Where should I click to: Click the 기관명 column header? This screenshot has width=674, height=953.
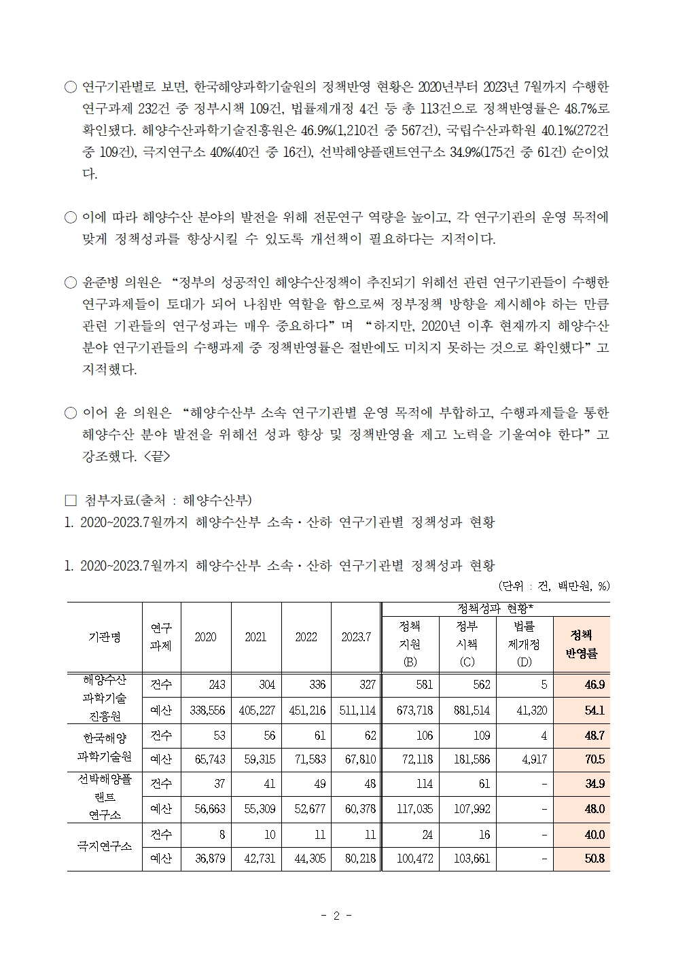[x=104, y=637]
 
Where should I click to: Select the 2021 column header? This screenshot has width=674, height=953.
[x=256, y=637]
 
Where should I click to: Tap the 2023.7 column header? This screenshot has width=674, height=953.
[x=356, y=637]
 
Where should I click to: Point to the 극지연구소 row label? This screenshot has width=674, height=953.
[x=104, y=846]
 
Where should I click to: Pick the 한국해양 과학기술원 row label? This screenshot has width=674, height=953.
[x=104, y=747]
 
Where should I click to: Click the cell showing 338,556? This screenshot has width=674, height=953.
[x=206, y=711]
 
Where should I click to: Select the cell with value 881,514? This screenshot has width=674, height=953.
[x=467, y=711]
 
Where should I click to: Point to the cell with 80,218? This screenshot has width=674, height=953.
[x=357, y=859]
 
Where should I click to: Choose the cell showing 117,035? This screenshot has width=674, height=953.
[x=410, y=809]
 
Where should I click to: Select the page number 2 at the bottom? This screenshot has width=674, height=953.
[x=336, y=916]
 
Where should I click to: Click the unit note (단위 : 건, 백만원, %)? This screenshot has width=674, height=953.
[x=553, y=586]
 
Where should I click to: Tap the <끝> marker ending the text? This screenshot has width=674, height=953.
[x=157, y=456]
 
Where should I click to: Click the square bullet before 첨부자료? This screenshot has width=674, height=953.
[x=70, y=501]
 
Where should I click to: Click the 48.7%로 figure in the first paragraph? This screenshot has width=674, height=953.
[x=584, y=108]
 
